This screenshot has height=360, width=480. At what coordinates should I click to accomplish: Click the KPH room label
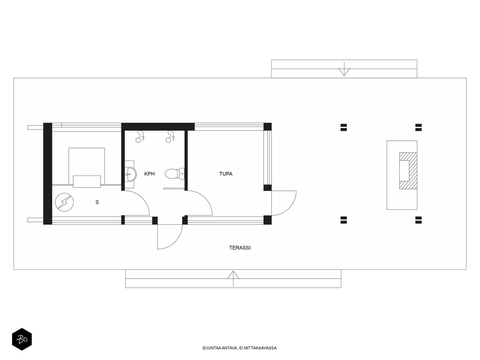click(149, 174)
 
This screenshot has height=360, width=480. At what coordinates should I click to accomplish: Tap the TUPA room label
click(226, 174)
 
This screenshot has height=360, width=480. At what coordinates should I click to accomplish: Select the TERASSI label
click(240, 248)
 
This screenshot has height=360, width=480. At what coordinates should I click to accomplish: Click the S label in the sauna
click(97, 202)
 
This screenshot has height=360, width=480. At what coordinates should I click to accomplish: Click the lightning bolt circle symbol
click(64, 202)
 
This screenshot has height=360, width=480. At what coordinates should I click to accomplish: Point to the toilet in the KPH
click(175, 174)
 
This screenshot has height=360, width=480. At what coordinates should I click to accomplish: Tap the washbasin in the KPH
click(131, 174)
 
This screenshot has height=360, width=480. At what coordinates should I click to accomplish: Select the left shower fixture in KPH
click(140, 136)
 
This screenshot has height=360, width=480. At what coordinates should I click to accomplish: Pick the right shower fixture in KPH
click(170, 136)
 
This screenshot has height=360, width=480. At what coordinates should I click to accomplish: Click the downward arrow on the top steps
click(344, 69)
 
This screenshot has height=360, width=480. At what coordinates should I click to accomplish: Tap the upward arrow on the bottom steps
click(233, 279)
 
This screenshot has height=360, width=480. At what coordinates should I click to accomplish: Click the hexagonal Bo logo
click(22, 339)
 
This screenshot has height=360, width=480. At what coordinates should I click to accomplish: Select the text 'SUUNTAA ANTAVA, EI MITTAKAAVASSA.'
click(240, 348)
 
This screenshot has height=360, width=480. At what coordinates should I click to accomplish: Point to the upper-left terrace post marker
click(344, 127)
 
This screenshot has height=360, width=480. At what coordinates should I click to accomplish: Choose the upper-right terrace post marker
click(418, 127)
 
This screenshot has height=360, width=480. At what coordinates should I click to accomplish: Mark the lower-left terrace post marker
click(344, 220)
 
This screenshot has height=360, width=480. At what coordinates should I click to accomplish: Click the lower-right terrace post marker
click(418, 220)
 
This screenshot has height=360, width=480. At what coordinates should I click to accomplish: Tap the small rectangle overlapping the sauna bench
click(87, 181)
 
